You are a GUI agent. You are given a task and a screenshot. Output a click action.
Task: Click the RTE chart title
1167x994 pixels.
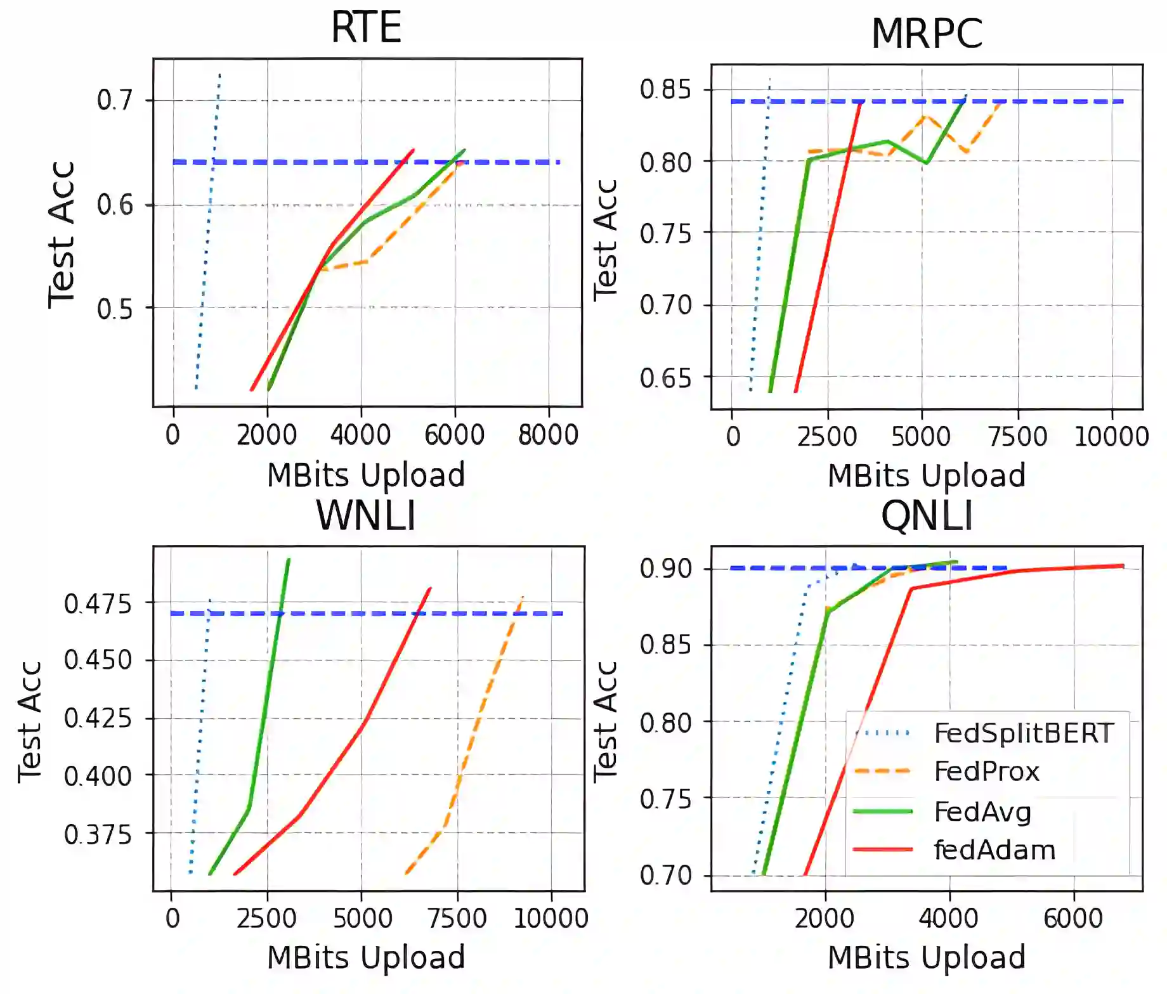pos(366,27)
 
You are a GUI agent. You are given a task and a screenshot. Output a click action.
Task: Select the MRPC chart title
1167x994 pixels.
pos(926,34)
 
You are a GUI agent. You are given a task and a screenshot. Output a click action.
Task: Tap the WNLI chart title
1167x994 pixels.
pos(366,515)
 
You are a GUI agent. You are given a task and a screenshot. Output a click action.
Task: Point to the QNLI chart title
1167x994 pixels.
pos(926,515)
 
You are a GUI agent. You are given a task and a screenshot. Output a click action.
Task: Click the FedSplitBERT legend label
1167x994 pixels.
pos(1023,733)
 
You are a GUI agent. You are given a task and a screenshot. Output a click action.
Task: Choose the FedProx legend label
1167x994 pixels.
pos(986,771)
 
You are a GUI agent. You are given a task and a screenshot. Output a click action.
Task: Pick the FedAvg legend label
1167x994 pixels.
pos(982,811)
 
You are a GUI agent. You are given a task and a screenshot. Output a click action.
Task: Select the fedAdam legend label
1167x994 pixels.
pos(994,850)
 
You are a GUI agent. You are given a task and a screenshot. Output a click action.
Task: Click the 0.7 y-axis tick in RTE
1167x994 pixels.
pos(115,100)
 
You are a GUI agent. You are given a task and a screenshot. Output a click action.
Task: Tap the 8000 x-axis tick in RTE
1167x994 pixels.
pos(548,436)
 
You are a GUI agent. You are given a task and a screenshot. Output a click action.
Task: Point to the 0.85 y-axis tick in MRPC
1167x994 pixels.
pos(665,89)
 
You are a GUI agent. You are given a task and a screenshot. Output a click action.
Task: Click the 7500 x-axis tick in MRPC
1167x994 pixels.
pos(1017,437)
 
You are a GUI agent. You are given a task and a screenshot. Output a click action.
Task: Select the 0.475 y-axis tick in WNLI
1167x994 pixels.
pos(98,603)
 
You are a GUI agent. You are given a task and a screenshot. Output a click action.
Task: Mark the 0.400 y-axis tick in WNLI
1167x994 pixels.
pos(98,776)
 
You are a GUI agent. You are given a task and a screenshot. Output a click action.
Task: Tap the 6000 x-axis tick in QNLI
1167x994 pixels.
pos(1073,919)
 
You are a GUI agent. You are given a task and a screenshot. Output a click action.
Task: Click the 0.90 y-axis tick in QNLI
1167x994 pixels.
pos(665,569)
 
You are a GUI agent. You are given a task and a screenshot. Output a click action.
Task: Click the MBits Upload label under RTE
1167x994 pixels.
pos(366,475)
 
